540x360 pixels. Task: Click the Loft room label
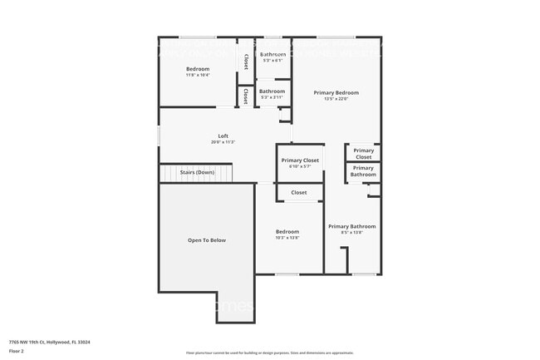(223, 136)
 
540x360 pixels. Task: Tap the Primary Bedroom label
(336, 92)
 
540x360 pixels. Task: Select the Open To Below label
(206, 240)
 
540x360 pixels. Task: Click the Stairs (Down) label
(199, 172)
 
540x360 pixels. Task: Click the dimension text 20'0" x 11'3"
(223, 142)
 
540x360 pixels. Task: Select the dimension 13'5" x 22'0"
(336, 99)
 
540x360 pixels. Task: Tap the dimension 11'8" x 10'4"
(198, 75)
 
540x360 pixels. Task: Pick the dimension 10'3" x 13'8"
(287, 238)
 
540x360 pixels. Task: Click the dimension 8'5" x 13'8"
(351, 233)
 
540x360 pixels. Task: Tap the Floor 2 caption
(17, 352)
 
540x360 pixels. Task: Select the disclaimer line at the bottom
(269, 353)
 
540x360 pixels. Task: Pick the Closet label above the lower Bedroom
(299, 193)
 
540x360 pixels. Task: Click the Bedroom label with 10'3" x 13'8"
(287, 231)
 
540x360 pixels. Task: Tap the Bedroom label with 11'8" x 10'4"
(198, 68)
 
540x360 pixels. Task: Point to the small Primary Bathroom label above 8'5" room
(363, 171)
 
